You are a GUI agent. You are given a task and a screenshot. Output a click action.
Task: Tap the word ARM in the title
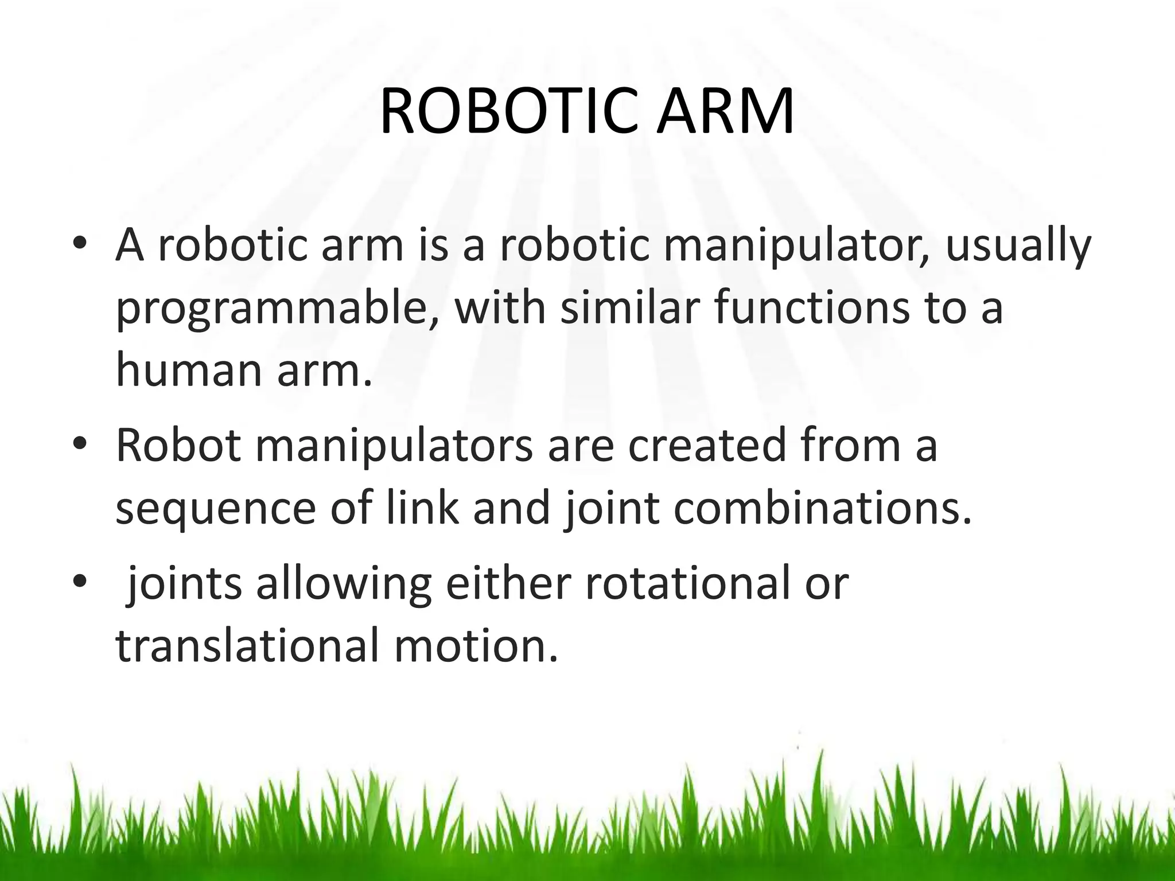click(725, 112)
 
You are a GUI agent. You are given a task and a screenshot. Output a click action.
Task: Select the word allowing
click(343, 585)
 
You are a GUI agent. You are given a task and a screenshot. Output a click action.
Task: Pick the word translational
click(247, 645)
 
